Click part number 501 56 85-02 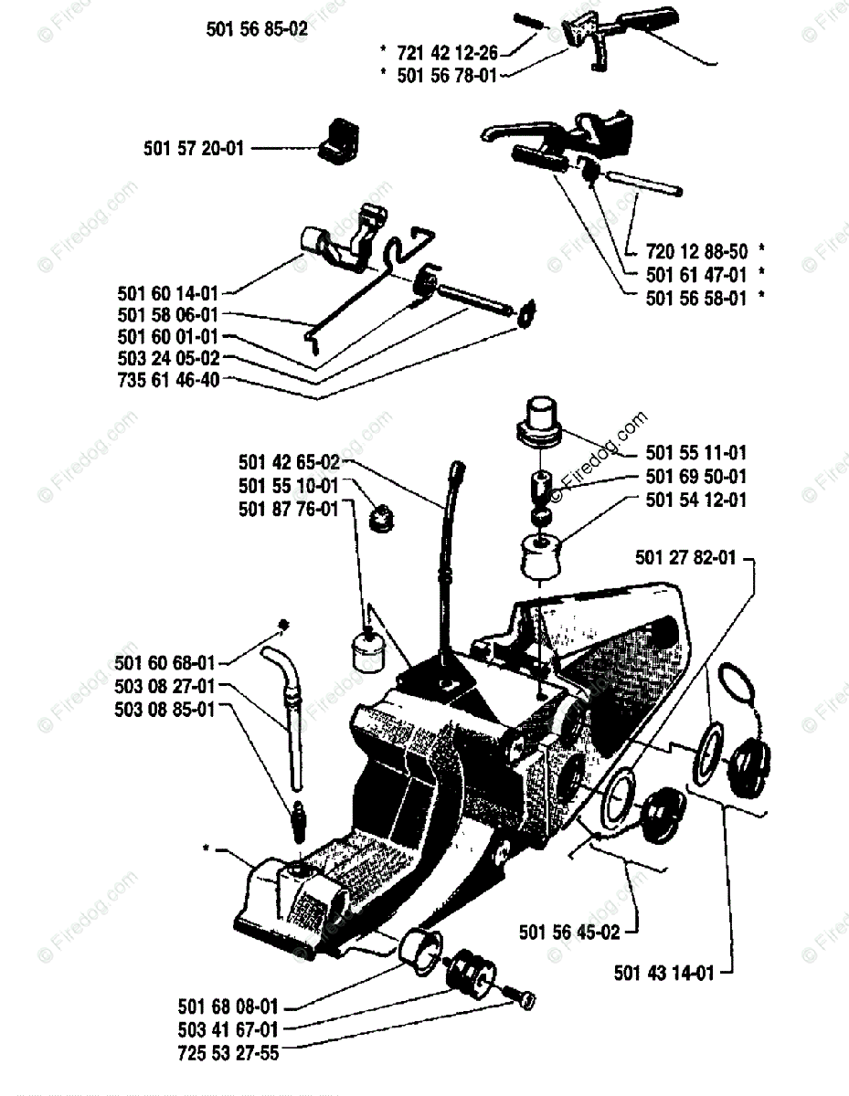257,28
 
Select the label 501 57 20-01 194,147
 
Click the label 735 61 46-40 168,381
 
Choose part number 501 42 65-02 289,462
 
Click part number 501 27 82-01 682,557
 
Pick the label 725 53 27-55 228,1053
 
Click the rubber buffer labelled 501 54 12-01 540,555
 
